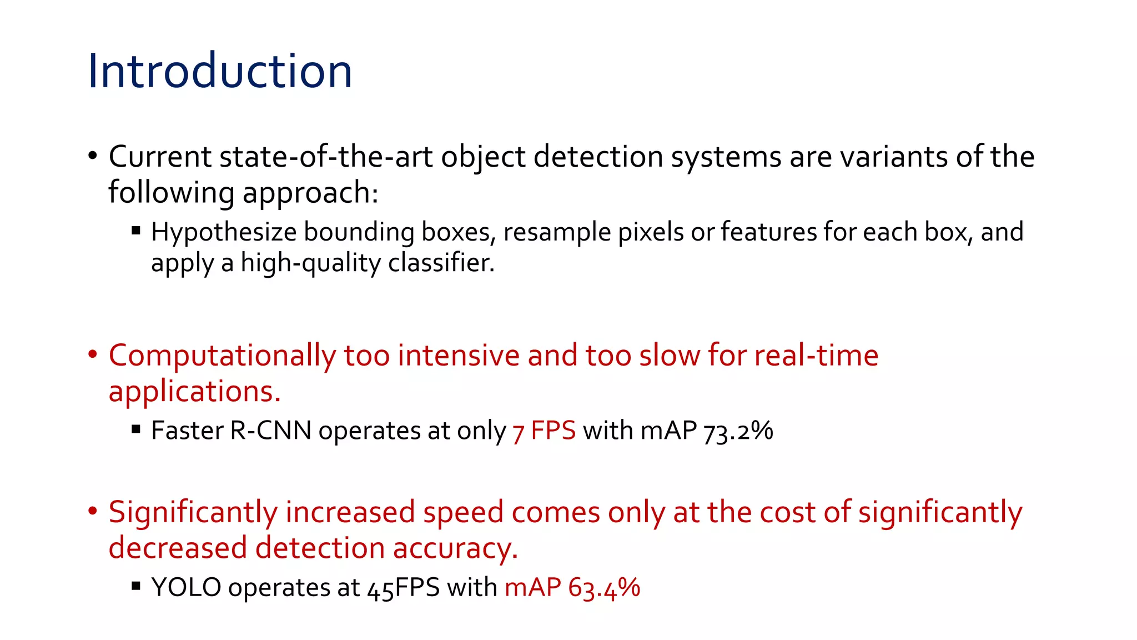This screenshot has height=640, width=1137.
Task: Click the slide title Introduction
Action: click(220, 71)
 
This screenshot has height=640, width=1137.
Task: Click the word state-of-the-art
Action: click(326, 157)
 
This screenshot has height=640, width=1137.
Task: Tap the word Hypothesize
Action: click(224, 232)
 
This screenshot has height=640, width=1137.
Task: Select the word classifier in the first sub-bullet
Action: click(441, 263)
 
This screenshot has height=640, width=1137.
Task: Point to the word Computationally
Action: click(222, 356)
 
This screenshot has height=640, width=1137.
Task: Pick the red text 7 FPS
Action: click(544, 431)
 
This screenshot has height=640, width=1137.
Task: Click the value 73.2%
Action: click(738, 431)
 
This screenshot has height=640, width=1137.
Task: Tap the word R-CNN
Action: click(270, 431)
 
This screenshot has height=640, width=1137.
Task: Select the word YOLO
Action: click(186, 588)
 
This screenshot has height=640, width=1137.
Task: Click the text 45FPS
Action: click(404, 588)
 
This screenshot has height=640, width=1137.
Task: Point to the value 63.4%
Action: click(604, 588)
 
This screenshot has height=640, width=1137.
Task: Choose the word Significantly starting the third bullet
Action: click(193, 512)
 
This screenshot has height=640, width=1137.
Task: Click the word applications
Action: click(194, 392)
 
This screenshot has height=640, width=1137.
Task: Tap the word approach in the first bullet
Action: click(310, 193)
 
